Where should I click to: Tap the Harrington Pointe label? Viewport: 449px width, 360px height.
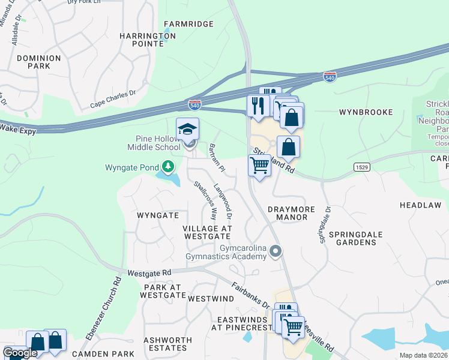(x=147, y=40)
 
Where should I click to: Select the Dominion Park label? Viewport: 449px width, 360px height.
(x=38, y=62)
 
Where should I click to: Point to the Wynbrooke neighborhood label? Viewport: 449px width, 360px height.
(x=366, y=112)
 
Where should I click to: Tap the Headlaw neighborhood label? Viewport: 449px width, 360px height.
(x=420, y=205)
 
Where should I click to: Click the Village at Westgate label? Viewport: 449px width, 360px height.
(x=207, y=232)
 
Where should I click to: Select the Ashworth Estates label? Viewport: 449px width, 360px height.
(x=167, y=344)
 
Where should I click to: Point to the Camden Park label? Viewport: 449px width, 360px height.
(x=97, y=354)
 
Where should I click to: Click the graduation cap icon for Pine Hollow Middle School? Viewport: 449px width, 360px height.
(x=187, y=129)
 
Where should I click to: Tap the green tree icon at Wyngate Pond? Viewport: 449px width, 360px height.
(x=169, y=167)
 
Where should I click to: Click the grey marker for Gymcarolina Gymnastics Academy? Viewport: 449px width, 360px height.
(x=276, y=251)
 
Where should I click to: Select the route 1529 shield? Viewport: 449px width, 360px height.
(x=361, y=166)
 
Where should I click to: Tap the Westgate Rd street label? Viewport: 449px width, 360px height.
(x=149, y=272)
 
